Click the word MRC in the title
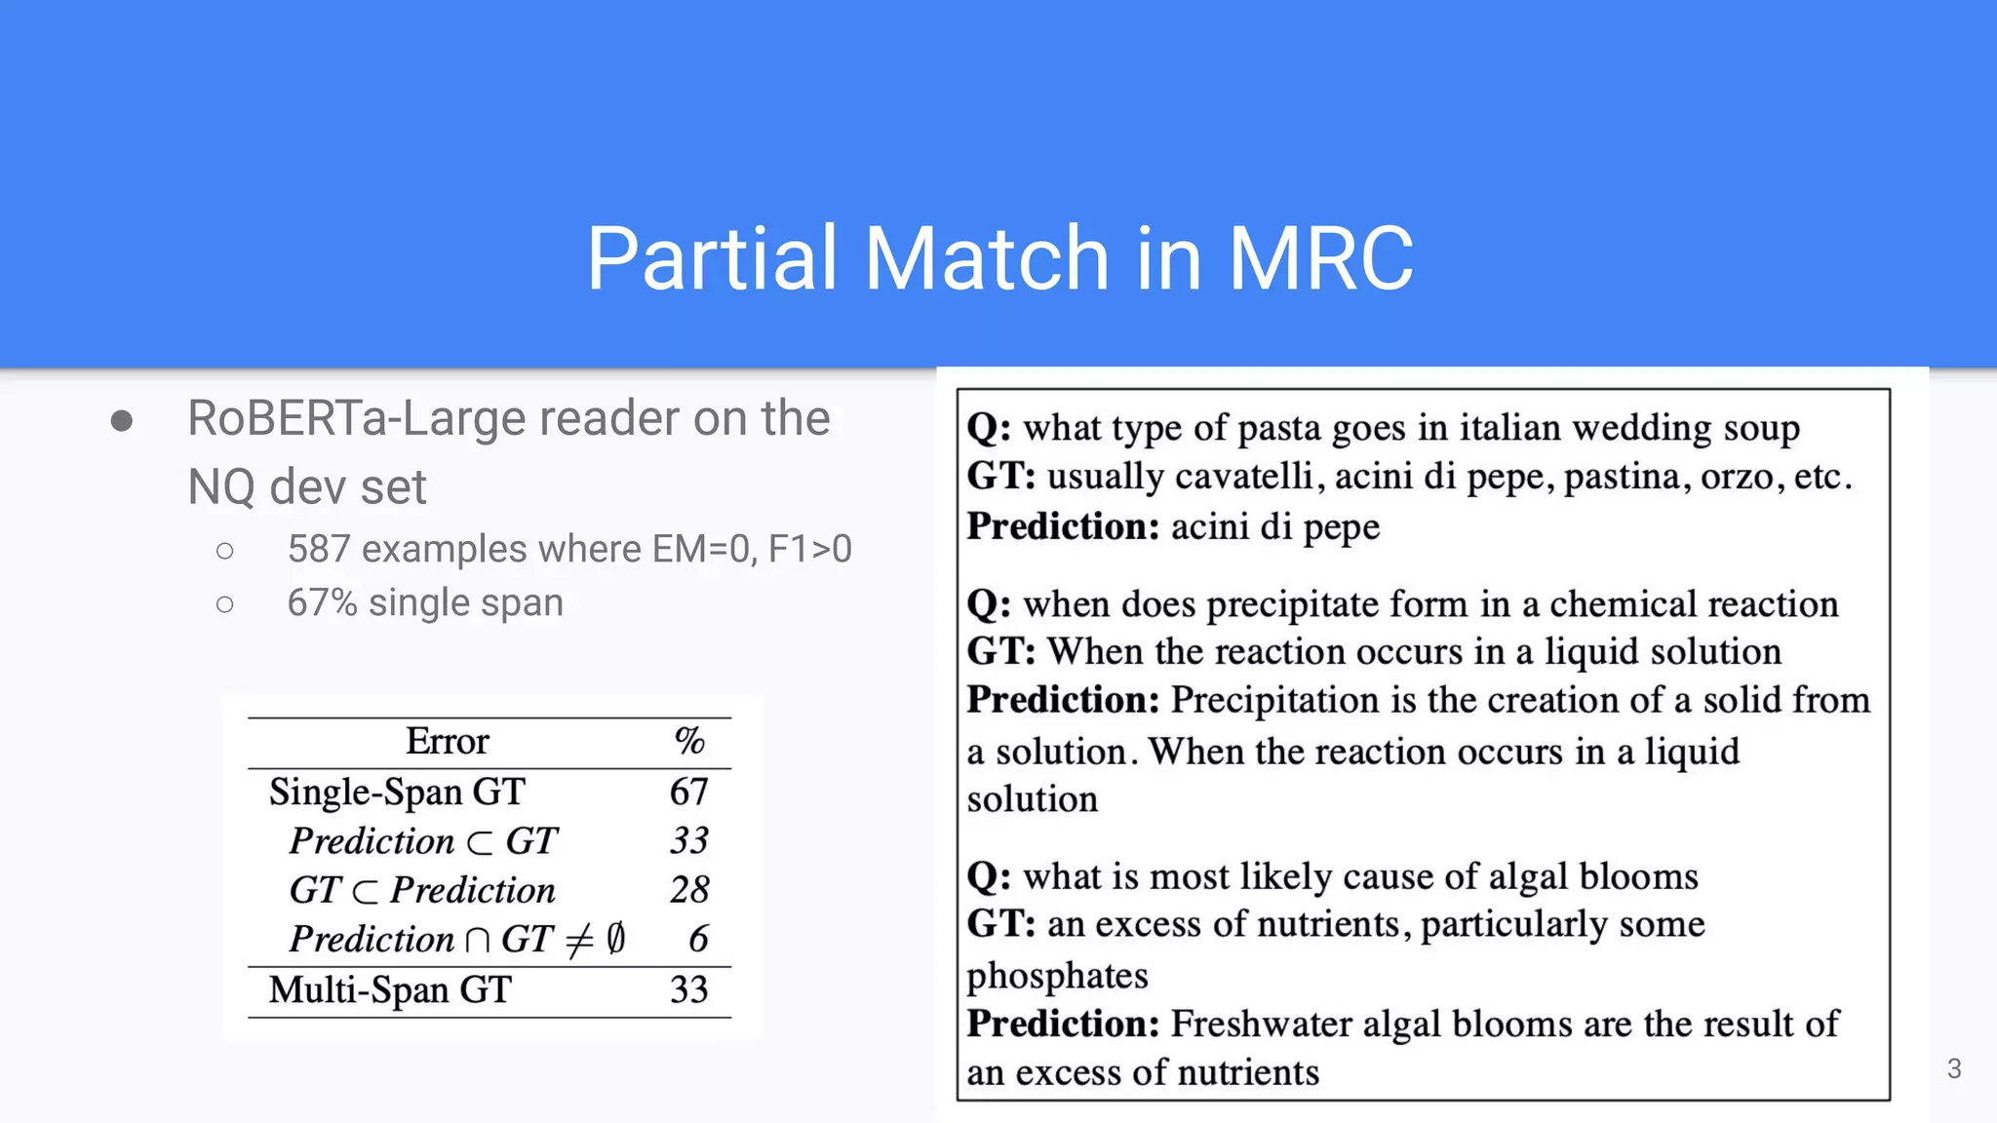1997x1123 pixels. click(x=1320, y=258)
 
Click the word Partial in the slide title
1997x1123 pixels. click(x=712, y=258)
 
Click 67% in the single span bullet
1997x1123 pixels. click(x=322, y=603)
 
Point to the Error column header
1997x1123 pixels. click(x=447, y=742)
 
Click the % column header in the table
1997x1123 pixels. click(x=689, y=742)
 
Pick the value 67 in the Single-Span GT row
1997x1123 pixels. click(x=688, y=792)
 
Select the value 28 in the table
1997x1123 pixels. click(x=689, y=890)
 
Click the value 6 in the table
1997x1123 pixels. click(x=698, y=939)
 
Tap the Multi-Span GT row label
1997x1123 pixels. click(x=390, y=990)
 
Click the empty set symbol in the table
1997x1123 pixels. click(x=615, y=939)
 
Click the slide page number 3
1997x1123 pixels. click(x=1954, y=1068)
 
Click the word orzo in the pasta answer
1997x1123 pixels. click(x=1741, y=477)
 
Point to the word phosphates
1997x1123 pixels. click(x=1057, y=976)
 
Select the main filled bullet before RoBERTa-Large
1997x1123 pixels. click(x=122, y=421)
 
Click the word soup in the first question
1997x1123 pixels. click(x=1761, y=428)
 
